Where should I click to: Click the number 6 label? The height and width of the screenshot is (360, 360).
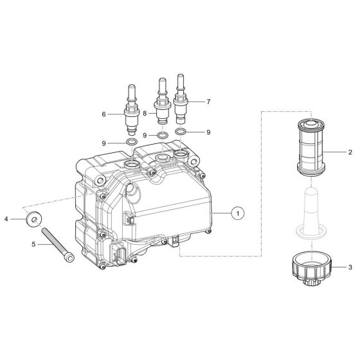(104, 114)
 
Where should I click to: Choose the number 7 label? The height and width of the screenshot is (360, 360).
(208, 102)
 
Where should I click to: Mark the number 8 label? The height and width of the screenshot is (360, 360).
(145, 113)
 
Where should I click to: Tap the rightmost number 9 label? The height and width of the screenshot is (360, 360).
(208, 132)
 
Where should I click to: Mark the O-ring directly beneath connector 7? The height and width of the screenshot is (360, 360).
(183, 132)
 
